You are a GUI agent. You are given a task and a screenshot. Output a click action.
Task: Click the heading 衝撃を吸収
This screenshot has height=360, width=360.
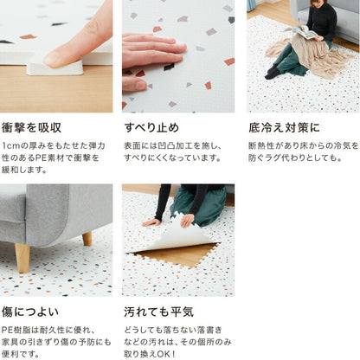31,128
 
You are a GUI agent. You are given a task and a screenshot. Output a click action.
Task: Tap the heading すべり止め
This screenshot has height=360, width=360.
151,127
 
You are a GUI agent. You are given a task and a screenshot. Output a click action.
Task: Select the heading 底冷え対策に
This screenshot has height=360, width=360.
284,127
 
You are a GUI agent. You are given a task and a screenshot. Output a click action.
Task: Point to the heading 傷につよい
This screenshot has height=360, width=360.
30,312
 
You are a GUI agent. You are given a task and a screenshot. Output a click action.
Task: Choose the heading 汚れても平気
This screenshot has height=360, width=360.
158,312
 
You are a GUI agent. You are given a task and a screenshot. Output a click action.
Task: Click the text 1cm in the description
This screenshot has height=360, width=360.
11,145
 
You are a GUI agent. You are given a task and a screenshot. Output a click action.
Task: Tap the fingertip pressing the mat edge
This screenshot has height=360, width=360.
54,60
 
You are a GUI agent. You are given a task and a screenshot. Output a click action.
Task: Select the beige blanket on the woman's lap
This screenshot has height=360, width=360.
310,55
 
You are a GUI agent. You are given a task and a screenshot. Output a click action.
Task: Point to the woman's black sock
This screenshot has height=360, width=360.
273,73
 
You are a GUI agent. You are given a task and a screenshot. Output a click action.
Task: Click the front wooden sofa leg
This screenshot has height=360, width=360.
22,258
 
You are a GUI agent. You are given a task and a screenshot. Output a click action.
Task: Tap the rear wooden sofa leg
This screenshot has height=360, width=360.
87,239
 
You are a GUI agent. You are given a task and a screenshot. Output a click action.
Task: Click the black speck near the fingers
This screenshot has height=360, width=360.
169,67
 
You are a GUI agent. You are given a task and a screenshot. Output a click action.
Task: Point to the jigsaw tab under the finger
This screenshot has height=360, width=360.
55,68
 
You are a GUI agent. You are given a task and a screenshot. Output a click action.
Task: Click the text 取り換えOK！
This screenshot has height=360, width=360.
150,354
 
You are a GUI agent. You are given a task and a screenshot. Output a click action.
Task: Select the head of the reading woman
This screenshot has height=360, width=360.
318,3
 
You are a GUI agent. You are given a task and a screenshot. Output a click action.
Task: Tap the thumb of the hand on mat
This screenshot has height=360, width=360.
135,84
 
